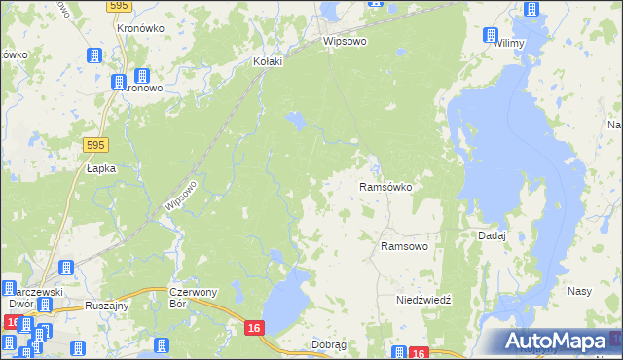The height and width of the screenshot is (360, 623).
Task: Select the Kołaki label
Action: click(268, 61)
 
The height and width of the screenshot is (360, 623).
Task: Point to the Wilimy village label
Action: click(509, 43)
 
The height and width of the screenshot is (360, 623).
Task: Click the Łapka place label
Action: click(101, 168)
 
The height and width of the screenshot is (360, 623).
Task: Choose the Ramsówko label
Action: click(386, 186)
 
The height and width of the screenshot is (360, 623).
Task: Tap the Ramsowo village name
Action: click(404, 247)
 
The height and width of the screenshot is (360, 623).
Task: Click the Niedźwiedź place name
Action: click(423, 300)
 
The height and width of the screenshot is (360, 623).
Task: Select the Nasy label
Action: click(580, 291)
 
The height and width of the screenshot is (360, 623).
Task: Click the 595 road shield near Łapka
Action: click(94, 144)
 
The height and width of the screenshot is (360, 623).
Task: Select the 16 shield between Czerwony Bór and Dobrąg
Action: click(253, 330)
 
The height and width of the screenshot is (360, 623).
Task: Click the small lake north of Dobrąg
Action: click(281, 302)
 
